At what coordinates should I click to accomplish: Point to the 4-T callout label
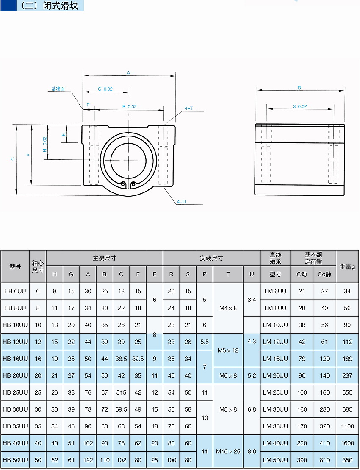(x=188, y=108)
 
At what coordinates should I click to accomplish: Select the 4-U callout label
(x=181, y=202)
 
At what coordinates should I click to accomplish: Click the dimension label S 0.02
(x=299, y=106)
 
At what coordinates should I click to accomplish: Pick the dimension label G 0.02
(x=105, y=89)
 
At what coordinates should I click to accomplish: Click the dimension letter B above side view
(x=299, y=88)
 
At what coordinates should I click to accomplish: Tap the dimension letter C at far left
(x=13, y=159)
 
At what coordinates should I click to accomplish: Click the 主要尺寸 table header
(x=104, y=258)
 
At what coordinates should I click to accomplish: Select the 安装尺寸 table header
(x=211, y=258)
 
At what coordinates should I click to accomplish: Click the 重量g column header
(x=347, y=267)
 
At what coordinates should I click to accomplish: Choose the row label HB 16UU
(x=15, y=359)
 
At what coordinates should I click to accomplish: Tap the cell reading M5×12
(x=228, y=350)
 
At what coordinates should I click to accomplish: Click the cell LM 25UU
(x=275, y=392)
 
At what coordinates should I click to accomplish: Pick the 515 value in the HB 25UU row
(x=121, y=392)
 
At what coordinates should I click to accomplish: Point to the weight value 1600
(x=347, y=443)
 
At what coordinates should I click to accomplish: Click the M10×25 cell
(x=228, y=451)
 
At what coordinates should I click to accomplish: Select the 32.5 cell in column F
(x=138, y=359)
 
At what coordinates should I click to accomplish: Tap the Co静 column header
(x=324, y=274)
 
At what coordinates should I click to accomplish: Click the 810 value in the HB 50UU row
(x=324, y=460)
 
